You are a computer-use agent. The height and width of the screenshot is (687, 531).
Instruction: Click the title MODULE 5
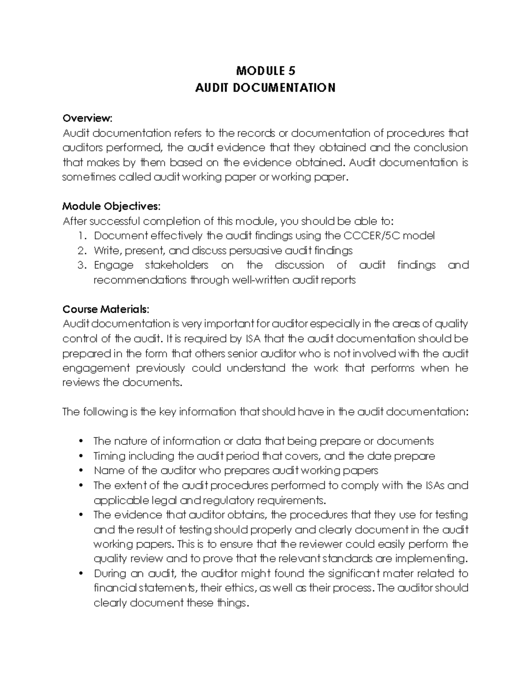point(265,71)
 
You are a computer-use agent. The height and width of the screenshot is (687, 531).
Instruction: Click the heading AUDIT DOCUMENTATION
point(265,88)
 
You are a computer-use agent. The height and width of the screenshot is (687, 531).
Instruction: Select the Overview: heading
point(88,118)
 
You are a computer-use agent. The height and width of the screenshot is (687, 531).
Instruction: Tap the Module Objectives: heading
point(112,206)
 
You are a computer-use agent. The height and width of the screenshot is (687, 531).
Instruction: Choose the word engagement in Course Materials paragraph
point(96,368)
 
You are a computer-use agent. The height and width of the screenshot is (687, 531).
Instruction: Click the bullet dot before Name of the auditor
point(81,471)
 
